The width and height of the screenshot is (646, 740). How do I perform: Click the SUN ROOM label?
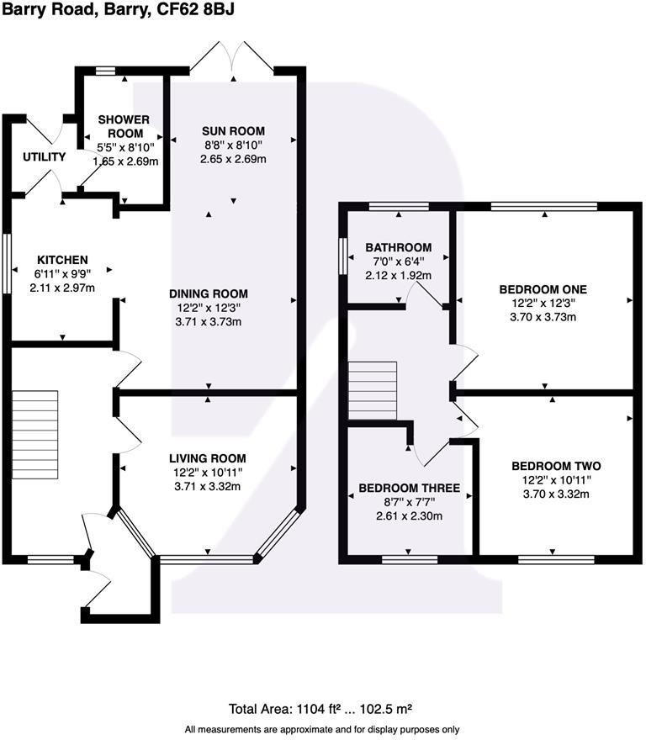pos(233,130)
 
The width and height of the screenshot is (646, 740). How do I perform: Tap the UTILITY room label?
pos(45,156)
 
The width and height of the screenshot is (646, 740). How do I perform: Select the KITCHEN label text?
pos(62,260)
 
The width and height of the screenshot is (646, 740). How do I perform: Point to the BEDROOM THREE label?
pos(410,488)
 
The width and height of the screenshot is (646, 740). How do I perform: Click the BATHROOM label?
pos(399,247)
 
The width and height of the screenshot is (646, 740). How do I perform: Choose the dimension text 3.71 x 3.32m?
pos(208,486)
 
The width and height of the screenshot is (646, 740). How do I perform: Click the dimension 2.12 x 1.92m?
pos(398,275)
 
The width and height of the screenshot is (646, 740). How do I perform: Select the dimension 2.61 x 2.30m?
pos(410,515)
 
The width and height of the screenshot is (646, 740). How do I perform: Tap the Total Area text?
pos(320,709)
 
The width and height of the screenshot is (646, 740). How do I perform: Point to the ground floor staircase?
pos(35,435)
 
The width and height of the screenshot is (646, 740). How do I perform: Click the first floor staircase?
pos(373,391)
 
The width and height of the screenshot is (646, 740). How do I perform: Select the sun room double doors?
pos(232,59)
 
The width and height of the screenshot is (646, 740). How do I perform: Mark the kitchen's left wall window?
pos(7,263)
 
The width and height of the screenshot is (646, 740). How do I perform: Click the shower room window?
pos(105,71)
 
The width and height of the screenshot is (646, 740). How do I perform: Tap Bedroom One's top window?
pos(544,206)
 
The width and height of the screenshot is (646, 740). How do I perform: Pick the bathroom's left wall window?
pos(343,256)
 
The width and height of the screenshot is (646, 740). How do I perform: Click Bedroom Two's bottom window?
pos(556,560)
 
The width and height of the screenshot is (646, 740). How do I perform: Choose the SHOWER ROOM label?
pos(124,126)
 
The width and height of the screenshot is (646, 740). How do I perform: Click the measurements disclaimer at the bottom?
pos(322,730)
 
